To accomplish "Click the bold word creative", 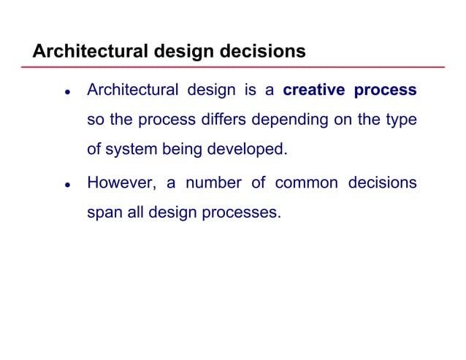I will point(313,91).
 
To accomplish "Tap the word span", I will point(103,213).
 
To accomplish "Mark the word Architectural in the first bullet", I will point(132,91).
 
